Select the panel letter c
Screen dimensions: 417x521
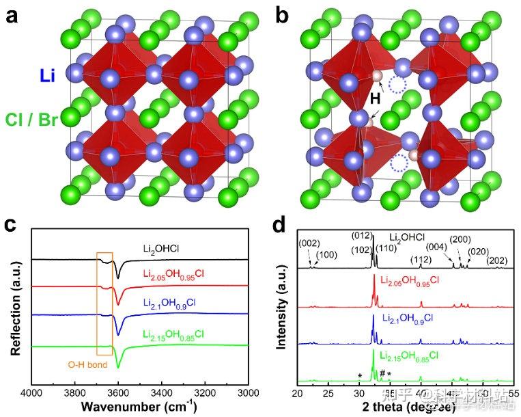point(11,226)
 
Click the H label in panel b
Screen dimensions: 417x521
point(375,100)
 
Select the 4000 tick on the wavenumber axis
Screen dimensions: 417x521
point(31,394)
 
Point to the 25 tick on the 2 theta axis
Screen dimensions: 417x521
point(328,394)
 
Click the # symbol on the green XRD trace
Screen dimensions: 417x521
point(382,373)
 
